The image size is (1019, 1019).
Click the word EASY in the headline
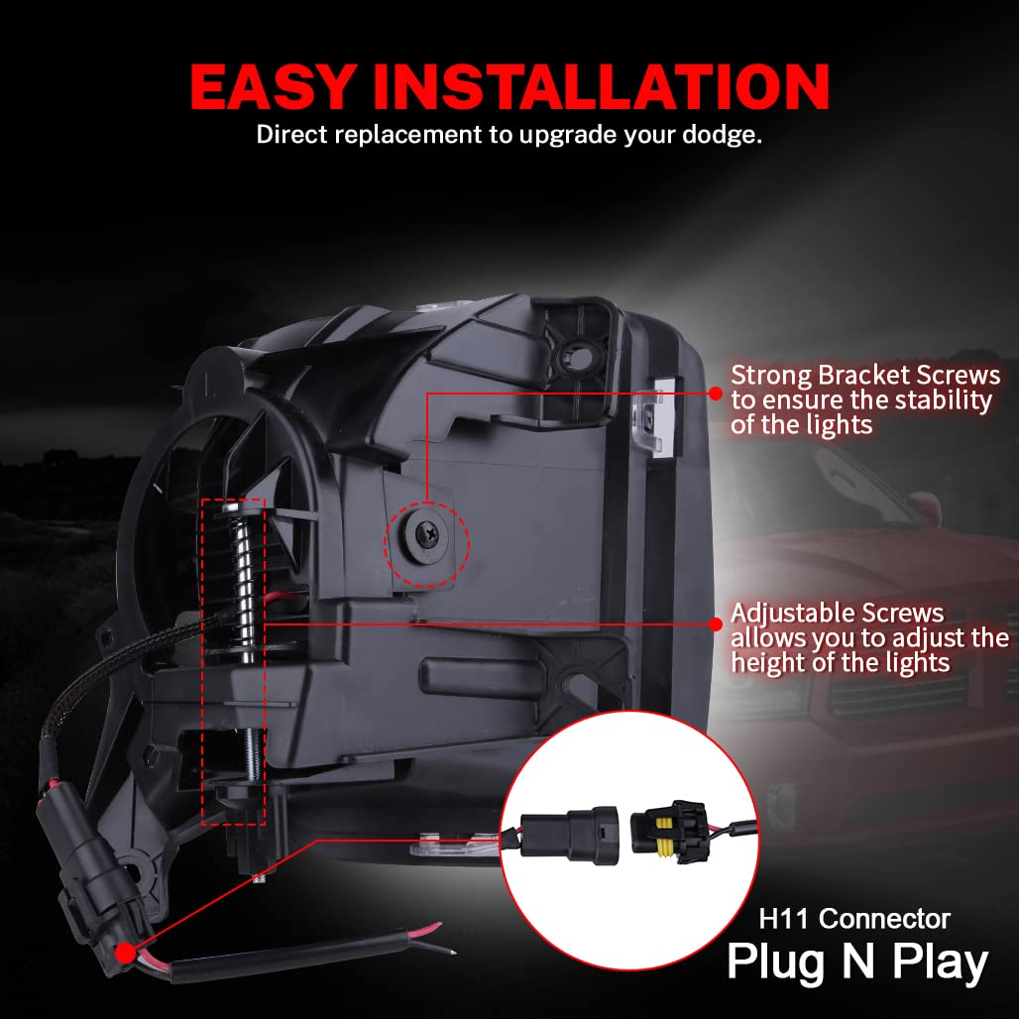(273, 87)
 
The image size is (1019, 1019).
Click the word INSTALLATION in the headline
(601, 87)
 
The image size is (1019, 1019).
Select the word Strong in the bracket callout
(771, 377)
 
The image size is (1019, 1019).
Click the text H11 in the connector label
(785, 919)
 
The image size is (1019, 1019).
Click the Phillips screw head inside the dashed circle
(427, 535)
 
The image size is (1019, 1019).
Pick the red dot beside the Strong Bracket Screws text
(715, 393)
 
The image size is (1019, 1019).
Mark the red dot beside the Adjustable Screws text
(715, 623)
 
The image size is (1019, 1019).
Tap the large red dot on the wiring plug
(126, 954)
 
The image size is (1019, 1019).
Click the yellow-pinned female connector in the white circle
(669, 832)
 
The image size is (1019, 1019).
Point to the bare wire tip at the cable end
(448, 952)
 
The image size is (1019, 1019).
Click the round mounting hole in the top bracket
(581, 355)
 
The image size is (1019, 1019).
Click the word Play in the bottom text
(939, 964)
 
